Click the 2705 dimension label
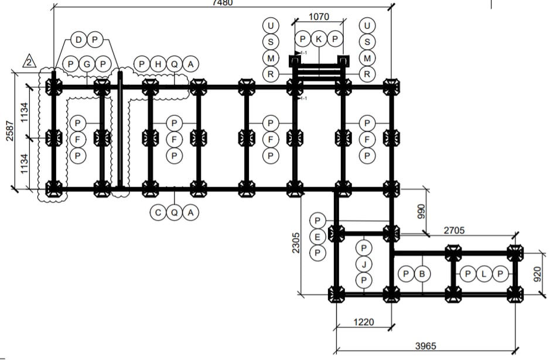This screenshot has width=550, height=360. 454,231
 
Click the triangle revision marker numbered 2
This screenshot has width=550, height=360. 30,60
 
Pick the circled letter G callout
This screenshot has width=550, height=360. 87,64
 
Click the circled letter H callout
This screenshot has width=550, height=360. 158,64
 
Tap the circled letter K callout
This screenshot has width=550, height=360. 319,40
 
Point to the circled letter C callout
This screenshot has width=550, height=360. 159,213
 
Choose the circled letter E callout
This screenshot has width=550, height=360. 317,236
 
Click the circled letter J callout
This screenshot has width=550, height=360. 364,265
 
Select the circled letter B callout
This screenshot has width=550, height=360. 422,273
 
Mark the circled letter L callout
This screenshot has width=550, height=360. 484,273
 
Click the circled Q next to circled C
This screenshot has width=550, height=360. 175,213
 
